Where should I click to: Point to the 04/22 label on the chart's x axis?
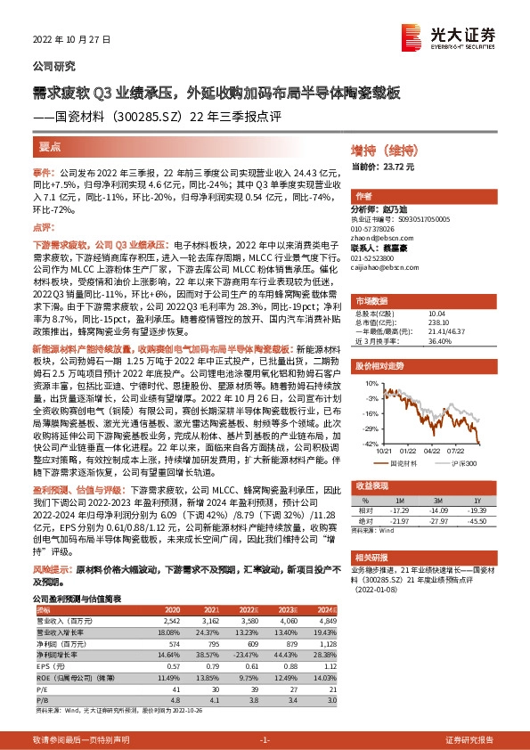434,451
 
